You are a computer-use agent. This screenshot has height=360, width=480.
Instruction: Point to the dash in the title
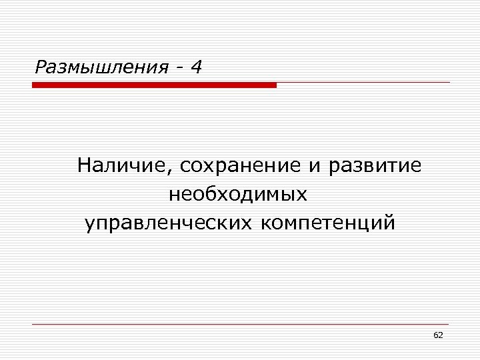coord(179,68)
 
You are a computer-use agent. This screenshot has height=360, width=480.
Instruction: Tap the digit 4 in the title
coord(196,67)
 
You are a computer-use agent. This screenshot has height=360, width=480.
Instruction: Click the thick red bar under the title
coord(154,85)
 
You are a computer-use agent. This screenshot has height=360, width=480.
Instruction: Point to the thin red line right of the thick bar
coord(363,83)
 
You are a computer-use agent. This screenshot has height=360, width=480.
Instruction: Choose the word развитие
coord(375,167)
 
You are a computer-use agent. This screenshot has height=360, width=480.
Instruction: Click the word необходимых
coord(238,195)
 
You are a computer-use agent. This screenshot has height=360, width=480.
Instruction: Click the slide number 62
coord(438,335)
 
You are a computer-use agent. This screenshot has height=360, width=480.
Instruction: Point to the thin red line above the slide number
coord(240,325)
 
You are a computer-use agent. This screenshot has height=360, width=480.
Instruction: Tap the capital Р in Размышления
coord(41,67)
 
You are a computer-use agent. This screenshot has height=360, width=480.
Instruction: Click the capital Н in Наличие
coord(85,165)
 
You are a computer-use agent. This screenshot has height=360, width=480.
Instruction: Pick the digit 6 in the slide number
coord(435,335)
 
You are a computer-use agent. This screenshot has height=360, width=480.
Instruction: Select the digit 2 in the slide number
coord(441,335)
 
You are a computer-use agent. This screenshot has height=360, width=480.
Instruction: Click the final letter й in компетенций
coord(389,222)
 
